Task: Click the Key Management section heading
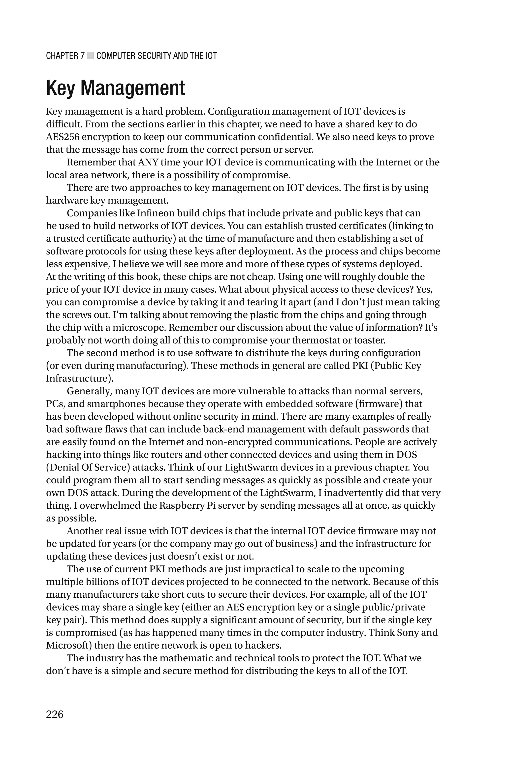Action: [x=116, y=88]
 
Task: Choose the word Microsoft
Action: [x=69, y=645]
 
